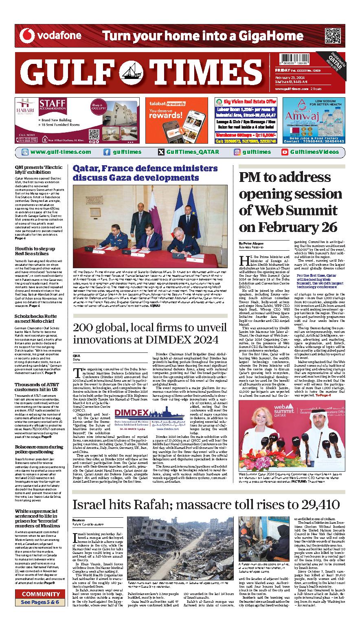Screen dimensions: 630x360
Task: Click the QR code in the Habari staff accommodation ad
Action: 94,133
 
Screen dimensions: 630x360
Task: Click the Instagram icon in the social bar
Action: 237,152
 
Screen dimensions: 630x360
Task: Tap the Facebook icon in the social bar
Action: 107,152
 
